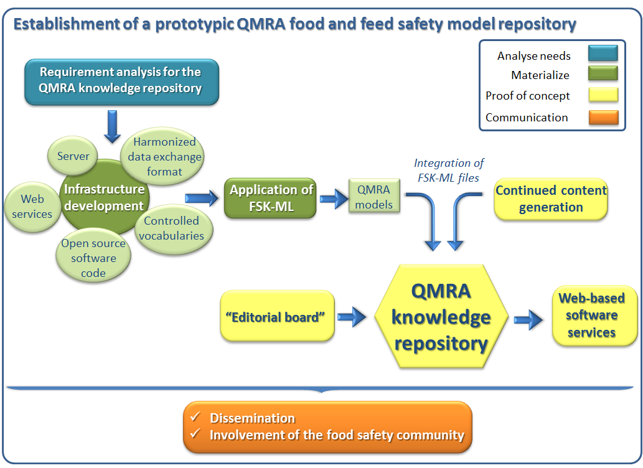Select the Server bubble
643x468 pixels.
73,156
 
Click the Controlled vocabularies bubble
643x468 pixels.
172,228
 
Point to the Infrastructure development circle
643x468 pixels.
104,197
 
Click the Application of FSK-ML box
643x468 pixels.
271,199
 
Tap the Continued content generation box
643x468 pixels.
551,199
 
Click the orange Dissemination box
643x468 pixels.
327,426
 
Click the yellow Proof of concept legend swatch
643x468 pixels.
602,95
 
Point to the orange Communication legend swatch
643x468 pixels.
602,117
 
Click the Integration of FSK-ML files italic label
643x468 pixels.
449,169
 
